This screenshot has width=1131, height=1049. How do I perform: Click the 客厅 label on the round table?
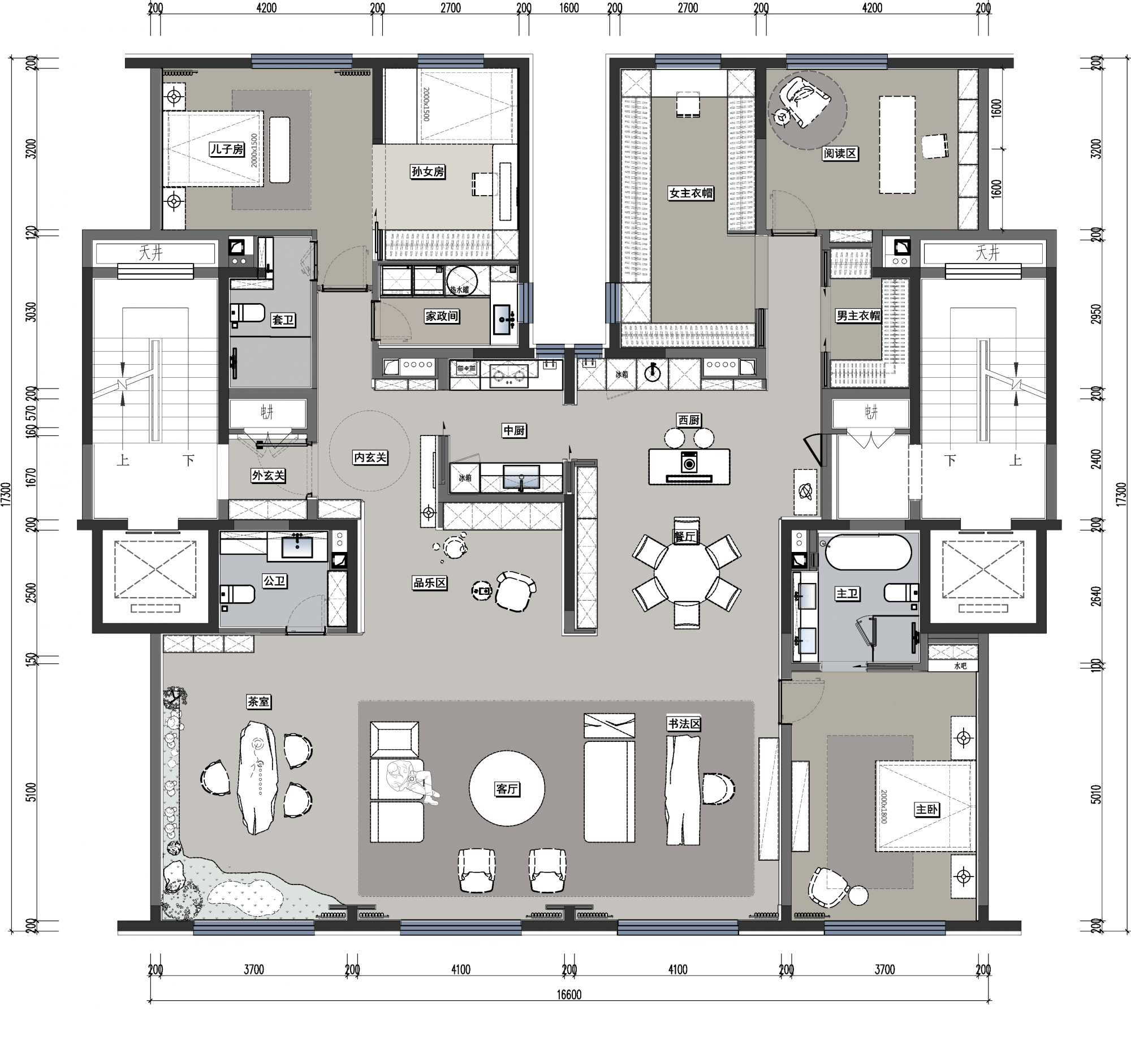(x=507, y=788)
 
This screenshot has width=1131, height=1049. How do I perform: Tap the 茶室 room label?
(x=258, y=702)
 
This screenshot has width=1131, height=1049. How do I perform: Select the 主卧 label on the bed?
(x=927, y=809)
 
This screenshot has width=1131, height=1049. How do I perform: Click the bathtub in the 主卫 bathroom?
(x=868, y=552)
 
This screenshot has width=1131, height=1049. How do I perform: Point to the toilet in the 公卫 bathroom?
(x=239, y=594)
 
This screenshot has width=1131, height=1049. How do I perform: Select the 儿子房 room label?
(x=227, y=149)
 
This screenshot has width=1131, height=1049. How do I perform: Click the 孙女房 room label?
(x=428, y=171)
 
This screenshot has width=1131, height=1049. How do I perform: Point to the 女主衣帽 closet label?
(x=690, y=193)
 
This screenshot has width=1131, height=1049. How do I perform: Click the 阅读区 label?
(x=840, y=153)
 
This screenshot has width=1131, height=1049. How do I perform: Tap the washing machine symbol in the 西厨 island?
(x=689, y=463)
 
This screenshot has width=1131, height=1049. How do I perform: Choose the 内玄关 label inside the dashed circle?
(x=370, y=457)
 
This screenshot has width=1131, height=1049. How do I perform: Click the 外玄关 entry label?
(x=268, y=475)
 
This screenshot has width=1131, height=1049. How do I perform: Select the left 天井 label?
(x=151, y=253)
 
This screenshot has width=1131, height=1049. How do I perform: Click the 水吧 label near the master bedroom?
(x=960, y=665)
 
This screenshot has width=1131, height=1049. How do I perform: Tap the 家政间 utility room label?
(x=442, y=316)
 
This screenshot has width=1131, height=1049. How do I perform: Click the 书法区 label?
(x=684, y=724)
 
